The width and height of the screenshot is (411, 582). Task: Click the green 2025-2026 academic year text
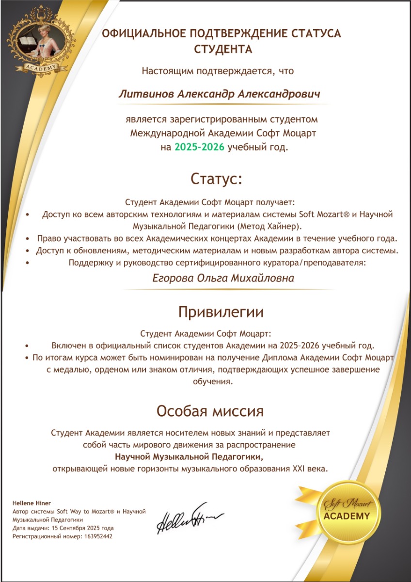199,147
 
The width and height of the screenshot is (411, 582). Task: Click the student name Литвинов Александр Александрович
219,94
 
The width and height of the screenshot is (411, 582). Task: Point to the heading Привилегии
221,312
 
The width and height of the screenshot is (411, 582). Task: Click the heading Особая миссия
209,411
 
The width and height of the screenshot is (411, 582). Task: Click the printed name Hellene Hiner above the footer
32,503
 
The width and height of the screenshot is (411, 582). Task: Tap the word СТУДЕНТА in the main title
223,49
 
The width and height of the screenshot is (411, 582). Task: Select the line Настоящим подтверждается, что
218,71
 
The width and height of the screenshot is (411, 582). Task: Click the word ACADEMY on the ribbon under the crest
40,67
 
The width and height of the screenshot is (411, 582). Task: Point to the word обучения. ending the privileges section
213,381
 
